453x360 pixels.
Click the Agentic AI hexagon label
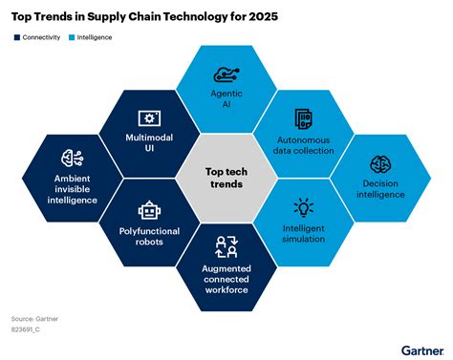(226, 99)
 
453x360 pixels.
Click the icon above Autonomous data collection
(305, 120)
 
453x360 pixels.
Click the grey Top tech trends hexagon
(226, 177)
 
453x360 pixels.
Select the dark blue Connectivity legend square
(16, 38)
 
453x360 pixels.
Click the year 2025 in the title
(262, 16)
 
